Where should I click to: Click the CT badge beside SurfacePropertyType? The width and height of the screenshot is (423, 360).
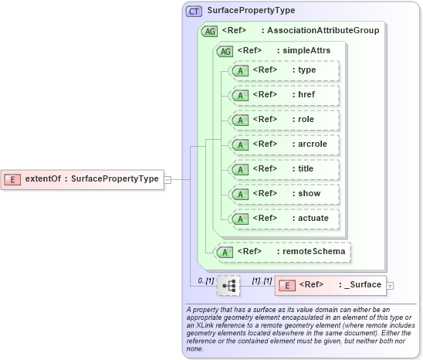click(194, 12)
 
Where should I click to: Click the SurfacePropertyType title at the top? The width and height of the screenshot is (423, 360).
click(240, 12)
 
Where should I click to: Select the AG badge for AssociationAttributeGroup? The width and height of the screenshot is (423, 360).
click(209, 32)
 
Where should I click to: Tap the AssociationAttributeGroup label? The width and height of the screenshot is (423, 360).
click(320, 32)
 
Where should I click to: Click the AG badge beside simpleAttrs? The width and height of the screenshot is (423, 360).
click(225, 51)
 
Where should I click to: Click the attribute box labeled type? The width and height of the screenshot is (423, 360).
click(283, 70)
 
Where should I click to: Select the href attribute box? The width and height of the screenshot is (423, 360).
click(283, 95)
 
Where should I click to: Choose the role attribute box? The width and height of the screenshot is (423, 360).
click(283, 120)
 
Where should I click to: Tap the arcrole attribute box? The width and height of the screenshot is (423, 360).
click(283, 144)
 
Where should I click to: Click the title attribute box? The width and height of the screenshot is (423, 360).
click(283, 169)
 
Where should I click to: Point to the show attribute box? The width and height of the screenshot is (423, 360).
click(283, 194)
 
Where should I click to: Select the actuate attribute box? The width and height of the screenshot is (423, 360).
click(283, 219)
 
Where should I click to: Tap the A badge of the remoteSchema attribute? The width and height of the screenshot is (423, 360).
click(225, 251)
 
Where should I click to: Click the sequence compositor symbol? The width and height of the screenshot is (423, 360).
click(228, 285)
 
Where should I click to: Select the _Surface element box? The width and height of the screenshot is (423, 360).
click(331, 285)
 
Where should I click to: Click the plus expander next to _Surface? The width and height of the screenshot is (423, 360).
click(390, 285)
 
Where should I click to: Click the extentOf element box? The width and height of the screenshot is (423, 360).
click(83, 179)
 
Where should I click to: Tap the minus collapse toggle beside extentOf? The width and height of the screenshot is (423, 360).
click(167, 179)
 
